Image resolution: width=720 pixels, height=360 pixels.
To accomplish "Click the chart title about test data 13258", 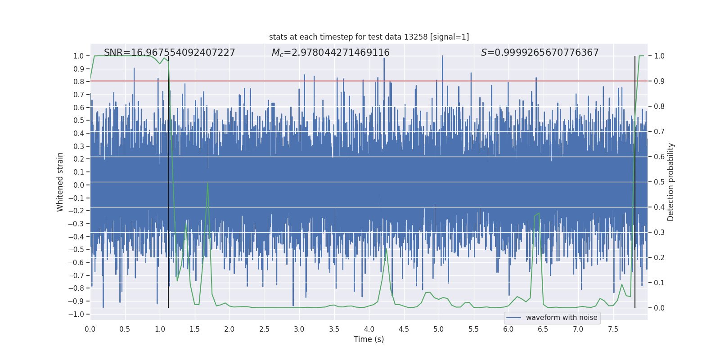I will pos(369,37).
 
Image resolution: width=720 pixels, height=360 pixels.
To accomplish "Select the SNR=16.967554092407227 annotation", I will pos(169,53).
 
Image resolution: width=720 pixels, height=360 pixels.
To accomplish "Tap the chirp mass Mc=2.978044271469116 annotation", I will pos(330,53).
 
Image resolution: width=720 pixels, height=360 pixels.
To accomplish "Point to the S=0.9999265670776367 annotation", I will pos(540,53).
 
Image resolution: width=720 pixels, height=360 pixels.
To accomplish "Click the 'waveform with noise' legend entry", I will pos(552,318).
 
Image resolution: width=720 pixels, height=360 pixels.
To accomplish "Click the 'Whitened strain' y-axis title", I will pos(60,182).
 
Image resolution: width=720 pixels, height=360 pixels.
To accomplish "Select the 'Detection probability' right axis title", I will pos(670,182).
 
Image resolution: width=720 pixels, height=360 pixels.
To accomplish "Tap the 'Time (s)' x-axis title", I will pos(369,339).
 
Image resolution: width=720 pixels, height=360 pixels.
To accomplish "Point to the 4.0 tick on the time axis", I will pos(369,329).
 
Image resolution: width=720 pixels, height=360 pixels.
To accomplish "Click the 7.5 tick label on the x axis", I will pos(613,329).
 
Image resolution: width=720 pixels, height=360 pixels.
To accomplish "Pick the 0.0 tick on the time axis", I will pos(90,329).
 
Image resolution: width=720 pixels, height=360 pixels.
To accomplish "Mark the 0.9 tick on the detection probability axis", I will pos(659,81).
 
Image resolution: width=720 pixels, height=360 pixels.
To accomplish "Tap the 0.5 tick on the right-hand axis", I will pos(659,182).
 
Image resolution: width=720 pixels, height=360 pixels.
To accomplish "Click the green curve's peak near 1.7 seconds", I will pos(207,183).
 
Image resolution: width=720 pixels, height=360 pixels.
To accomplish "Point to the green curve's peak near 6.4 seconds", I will pos(539,213).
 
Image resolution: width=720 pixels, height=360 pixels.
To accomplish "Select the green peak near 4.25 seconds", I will pos(387,249).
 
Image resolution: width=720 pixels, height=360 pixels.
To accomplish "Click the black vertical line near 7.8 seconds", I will pos(635,180).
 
